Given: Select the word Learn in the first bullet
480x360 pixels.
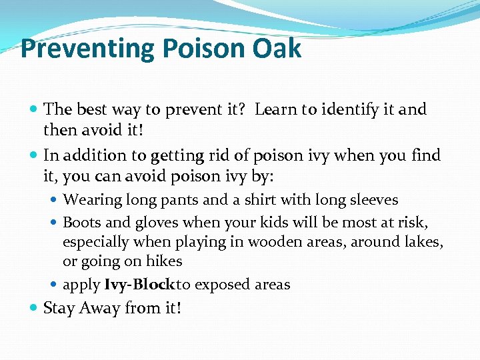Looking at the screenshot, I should coord(276,109).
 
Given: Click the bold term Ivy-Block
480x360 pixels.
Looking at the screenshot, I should coord(139,285).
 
